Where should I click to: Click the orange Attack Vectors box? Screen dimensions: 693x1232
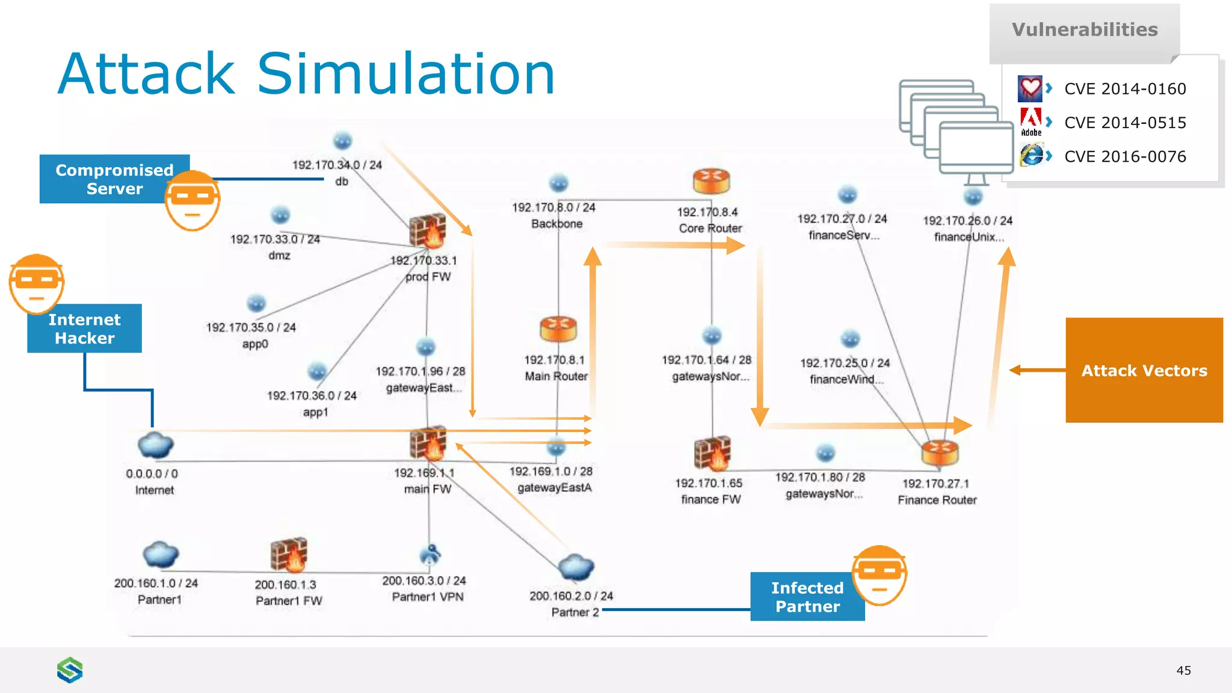(x=1144, y=370)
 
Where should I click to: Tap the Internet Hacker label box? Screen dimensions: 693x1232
(x=84, y=328)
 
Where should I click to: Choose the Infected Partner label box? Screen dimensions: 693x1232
(x=807, y=597)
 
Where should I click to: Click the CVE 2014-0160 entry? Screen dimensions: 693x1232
(x=1124, y=89)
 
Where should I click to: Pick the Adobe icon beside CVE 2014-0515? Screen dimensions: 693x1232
(x=1030, y=121)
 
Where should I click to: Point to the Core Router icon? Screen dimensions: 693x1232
(x=711, y=181)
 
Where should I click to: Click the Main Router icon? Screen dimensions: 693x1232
(x=558, y=328)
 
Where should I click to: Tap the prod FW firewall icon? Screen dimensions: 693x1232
(x=428, y=231)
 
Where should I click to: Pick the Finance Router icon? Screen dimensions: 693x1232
(x=939, y=453)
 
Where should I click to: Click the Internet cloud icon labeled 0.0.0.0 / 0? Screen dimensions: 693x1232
(x=155, y=446)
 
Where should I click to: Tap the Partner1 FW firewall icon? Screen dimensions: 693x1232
(x=289, y=554)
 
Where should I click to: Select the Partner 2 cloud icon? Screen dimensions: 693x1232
(x=576, y=567)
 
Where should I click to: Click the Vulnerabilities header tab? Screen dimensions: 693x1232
(x=1084, y=30)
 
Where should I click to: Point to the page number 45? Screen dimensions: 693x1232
(x=1183, y=670)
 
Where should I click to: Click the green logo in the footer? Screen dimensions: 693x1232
(x=70, y=670)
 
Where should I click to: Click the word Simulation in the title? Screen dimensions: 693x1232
(x=406, y=75)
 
